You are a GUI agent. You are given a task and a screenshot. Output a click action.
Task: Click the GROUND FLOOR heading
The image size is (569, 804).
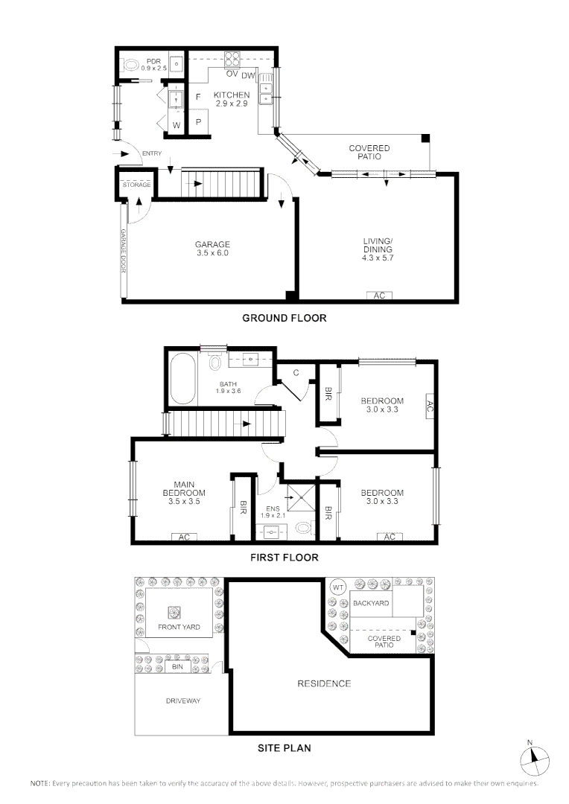click(x=284, y=318)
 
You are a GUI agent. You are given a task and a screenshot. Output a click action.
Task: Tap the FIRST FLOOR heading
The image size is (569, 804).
click(x=284, y=557)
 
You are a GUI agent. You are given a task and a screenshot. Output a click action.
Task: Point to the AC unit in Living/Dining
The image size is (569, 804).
click(x=379, y=296)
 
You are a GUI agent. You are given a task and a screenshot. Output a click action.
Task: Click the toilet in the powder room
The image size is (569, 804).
click(x=130, y=66)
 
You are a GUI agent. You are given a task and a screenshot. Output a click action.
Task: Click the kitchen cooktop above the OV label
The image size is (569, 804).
click(x=232, y=59)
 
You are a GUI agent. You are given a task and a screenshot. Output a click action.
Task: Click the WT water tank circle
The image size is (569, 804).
click(x=337, y=587)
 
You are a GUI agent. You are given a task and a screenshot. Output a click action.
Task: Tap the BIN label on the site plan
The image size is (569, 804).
click(x=177, y=667)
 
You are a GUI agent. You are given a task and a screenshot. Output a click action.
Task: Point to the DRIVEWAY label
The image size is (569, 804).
click(x=182, y=701)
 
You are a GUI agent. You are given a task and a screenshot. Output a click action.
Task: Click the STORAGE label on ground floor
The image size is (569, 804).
click(x=136, y=185)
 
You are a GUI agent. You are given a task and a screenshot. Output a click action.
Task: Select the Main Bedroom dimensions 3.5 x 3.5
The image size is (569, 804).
click(x=184, y=502)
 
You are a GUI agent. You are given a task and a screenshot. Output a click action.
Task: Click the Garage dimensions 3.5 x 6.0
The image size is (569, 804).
click(x=212, y=253)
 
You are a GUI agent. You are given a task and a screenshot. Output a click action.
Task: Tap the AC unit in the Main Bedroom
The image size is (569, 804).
click(x=183, y=537)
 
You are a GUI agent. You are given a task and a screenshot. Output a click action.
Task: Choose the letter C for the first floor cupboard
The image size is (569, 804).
click(x=296, y=372)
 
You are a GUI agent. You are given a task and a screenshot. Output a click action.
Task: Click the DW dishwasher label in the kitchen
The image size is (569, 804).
click(x=248, y=74)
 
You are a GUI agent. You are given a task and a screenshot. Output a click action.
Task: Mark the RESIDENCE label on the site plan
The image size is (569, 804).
click(x=324, y=683)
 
